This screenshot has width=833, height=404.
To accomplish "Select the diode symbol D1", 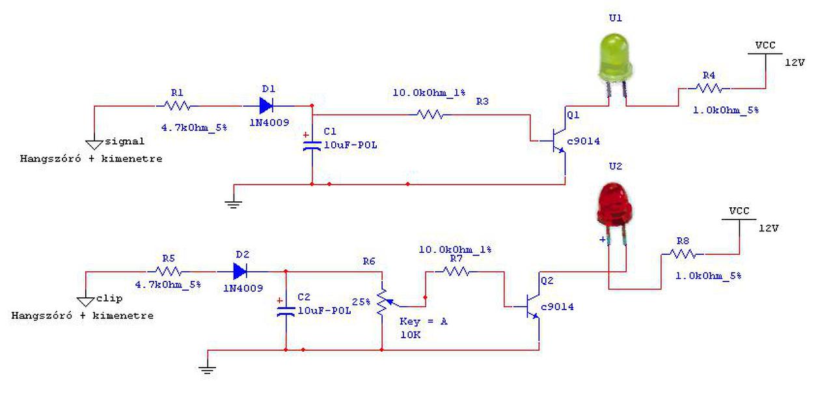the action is point(266,106).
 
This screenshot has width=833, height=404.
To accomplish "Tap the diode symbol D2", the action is point(240,272).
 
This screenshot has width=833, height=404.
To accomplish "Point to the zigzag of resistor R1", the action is point(177,106).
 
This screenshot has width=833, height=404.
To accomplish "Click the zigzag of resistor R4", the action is point(709,88).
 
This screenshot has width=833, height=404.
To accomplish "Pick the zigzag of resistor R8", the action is point(683,254).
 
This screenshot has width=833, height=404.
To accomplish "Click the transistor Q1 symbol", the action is point(558,141).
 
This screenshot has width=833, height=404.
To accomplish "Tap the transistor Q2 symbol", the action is point(532,306).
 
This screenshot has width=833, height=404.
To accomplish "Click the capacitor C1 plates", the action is point(312,146).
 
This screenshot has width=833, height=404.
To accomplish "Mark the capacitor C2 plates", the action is point(286,311).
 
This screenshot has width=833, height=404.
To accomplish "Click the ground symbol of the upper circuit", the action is point(233,204).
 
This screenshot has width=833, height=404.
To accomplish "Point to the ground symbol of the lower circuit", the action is point(207,369).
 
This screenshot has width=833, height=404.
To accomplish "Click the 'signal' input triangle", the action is point(94,145).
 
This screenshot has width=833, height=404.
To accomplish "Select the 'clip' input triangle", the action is point(85,302).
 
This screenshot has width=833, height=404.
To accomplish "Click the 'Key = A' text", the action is point(423,321).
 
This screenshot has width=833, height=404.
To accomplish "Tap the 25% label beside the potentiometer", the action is point(361,302).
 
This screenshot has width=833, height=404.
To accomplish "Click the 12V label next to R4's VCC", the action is point(795,63).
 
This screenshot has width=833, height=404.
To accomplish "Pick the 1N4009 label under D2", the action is point(243,288).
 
